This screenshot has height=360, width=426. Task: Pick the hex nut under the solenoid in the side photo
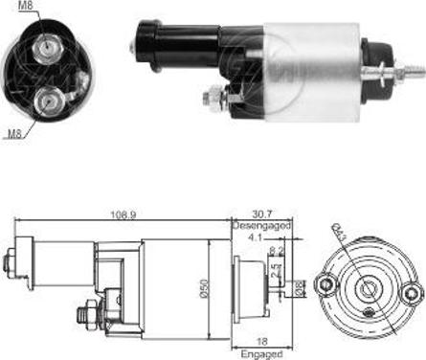click(x=212, y=97)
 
